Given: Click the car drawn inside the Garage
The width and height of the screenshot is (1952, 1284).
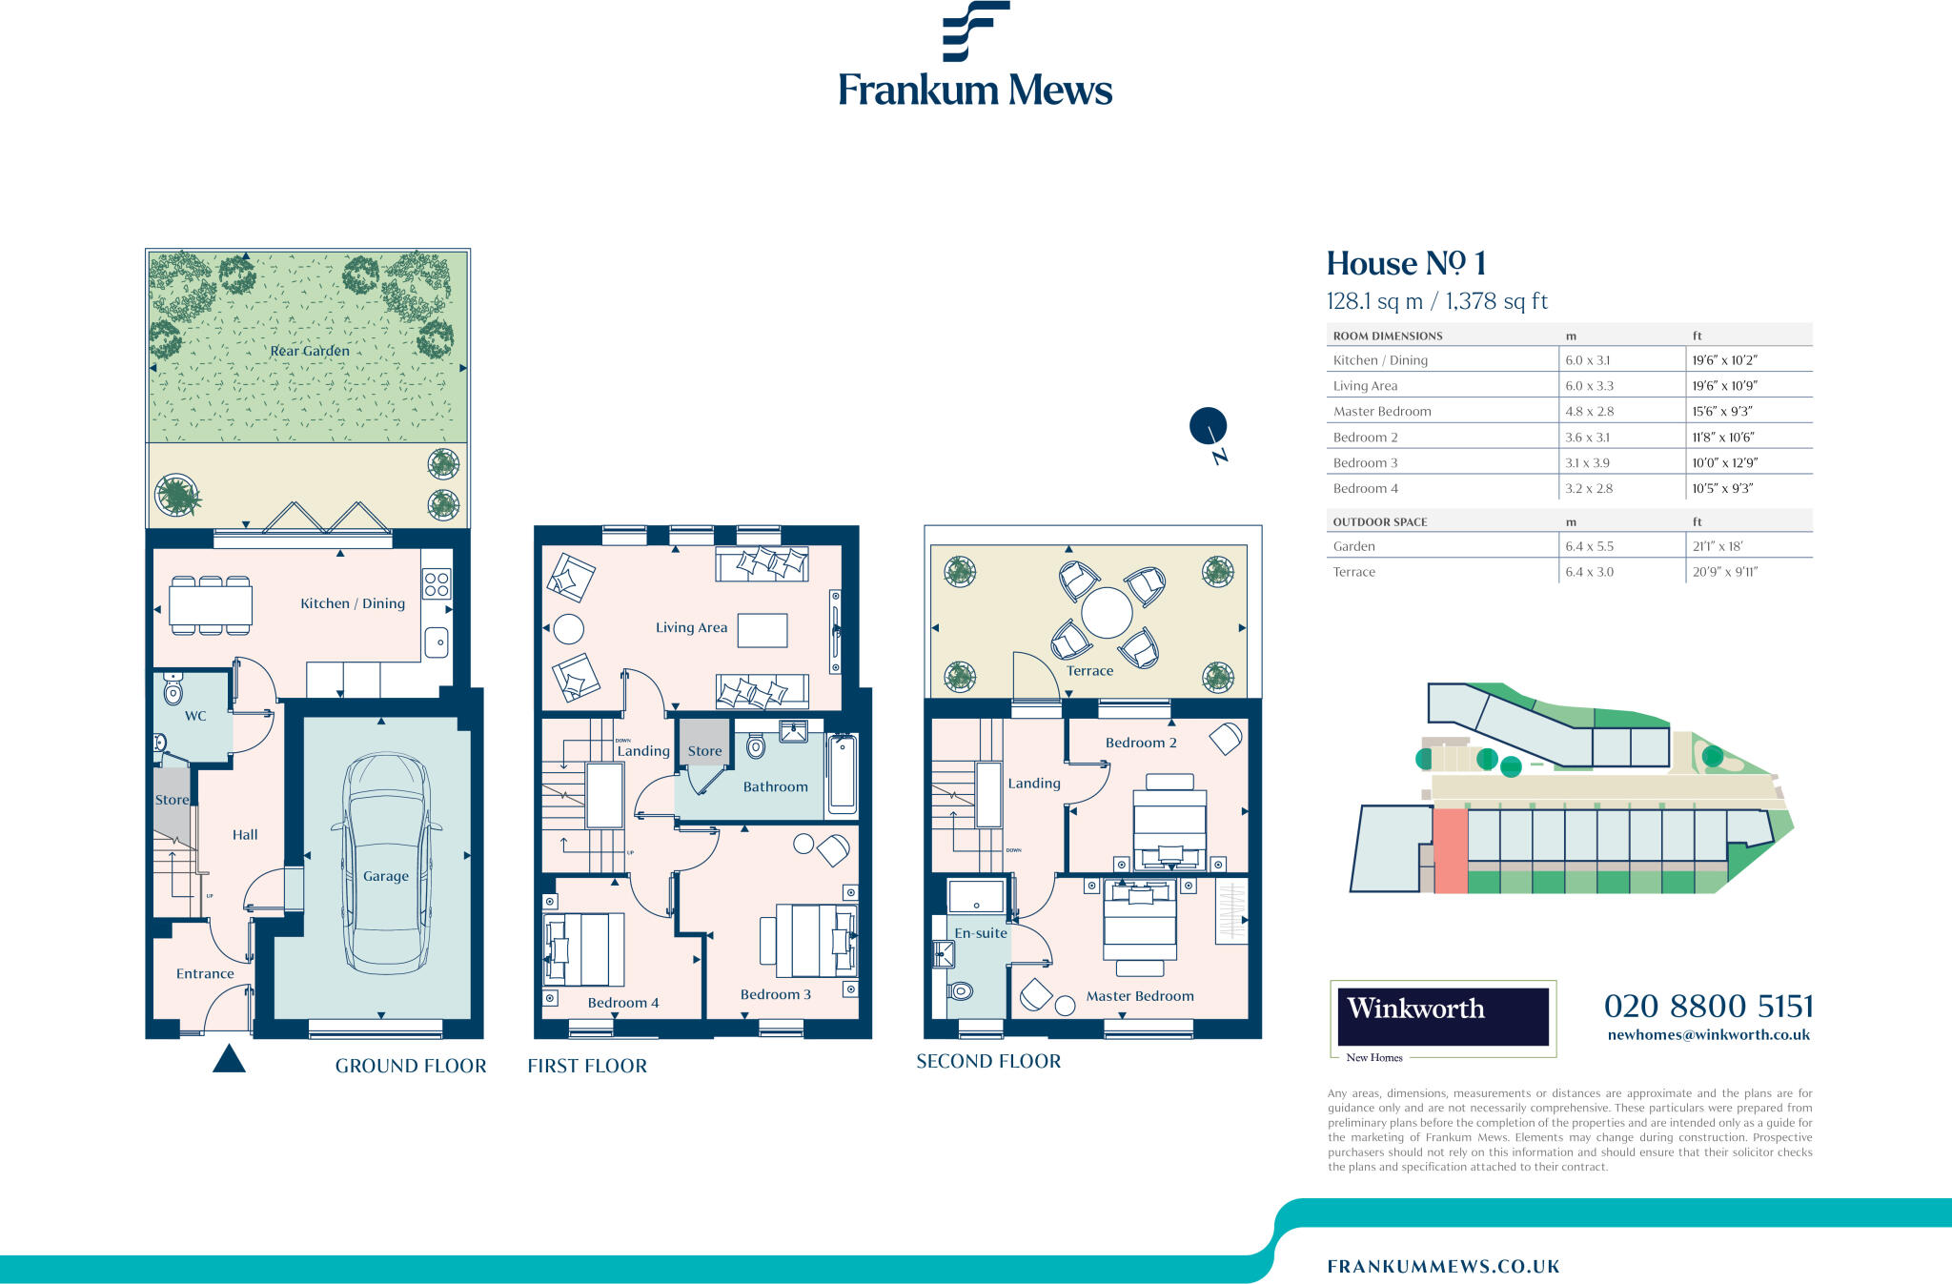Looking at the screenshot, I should click(x=386, y=863).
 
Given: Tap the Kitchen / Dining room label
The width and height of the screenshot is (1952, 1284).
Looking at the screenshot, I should click(x=352, y=603).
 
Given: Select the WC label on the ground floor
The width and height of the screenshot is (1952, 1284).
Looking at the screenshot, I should click(x=195, y=716).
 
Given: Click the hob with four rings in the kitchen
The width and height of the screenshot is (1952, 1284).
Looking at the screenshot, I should click(x=437, y=583).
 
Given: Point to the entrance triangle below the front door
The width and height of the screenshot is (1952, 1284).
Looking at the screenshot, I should click(x=229, y=1059).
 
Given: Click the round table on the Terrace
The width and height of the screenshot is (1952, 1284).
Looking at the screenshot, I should click(x=1107, y=612).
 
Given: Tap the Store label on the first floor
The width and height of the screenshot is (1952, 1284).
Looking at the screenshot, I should click(x=704, y=751).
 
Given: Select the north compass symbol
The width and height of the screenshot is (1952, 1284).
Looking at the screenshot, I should click(x=1208, y=426).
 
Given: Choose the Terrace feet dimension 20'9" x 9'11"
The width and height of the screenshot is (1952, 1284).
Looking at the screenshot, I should click(x=1724, y=572).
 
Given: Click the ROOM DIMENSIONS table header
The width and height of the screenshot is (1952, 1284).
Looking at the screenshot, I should click(x=1387, y=336).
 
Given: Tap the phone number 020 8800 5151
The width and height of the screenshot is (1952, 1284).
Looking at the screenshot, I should click(x=1708, y=1006).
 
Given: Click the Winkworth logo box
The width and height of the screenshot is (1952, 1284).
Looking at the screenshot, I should click(x=1442, y=1016).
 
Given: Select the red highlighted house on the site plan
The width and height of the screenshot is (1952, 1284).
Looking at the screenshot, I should click(x=1450, y=850).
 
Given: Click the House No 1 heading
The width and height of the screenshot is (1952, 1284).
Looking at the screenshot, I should click(x=1406, y=263).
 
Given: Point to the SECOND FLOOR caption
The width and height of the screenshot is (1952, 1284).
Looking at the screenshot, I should click(x=988, y=1061).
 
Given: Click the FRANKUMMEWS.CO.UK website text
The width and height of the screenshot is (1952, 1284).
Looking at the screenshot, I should click(x=1443, y=1266).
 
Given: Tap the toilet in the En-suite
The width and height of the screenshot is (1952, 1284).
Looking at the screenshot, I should click(x=960, y=991).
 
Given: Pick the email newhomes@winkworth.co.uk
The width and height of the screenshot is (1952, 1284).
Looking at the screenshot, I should click(x=1708, y=1035).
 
